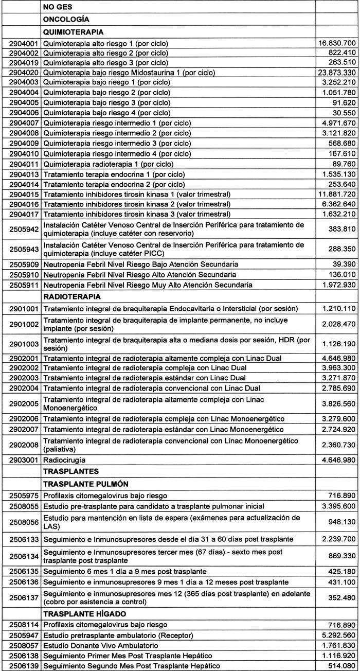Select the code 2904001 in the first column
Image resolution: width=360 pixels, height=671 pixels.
click(x=20, y=43)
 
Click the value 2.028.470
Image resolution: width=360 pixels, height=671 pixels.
click(x=337, y=325)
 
